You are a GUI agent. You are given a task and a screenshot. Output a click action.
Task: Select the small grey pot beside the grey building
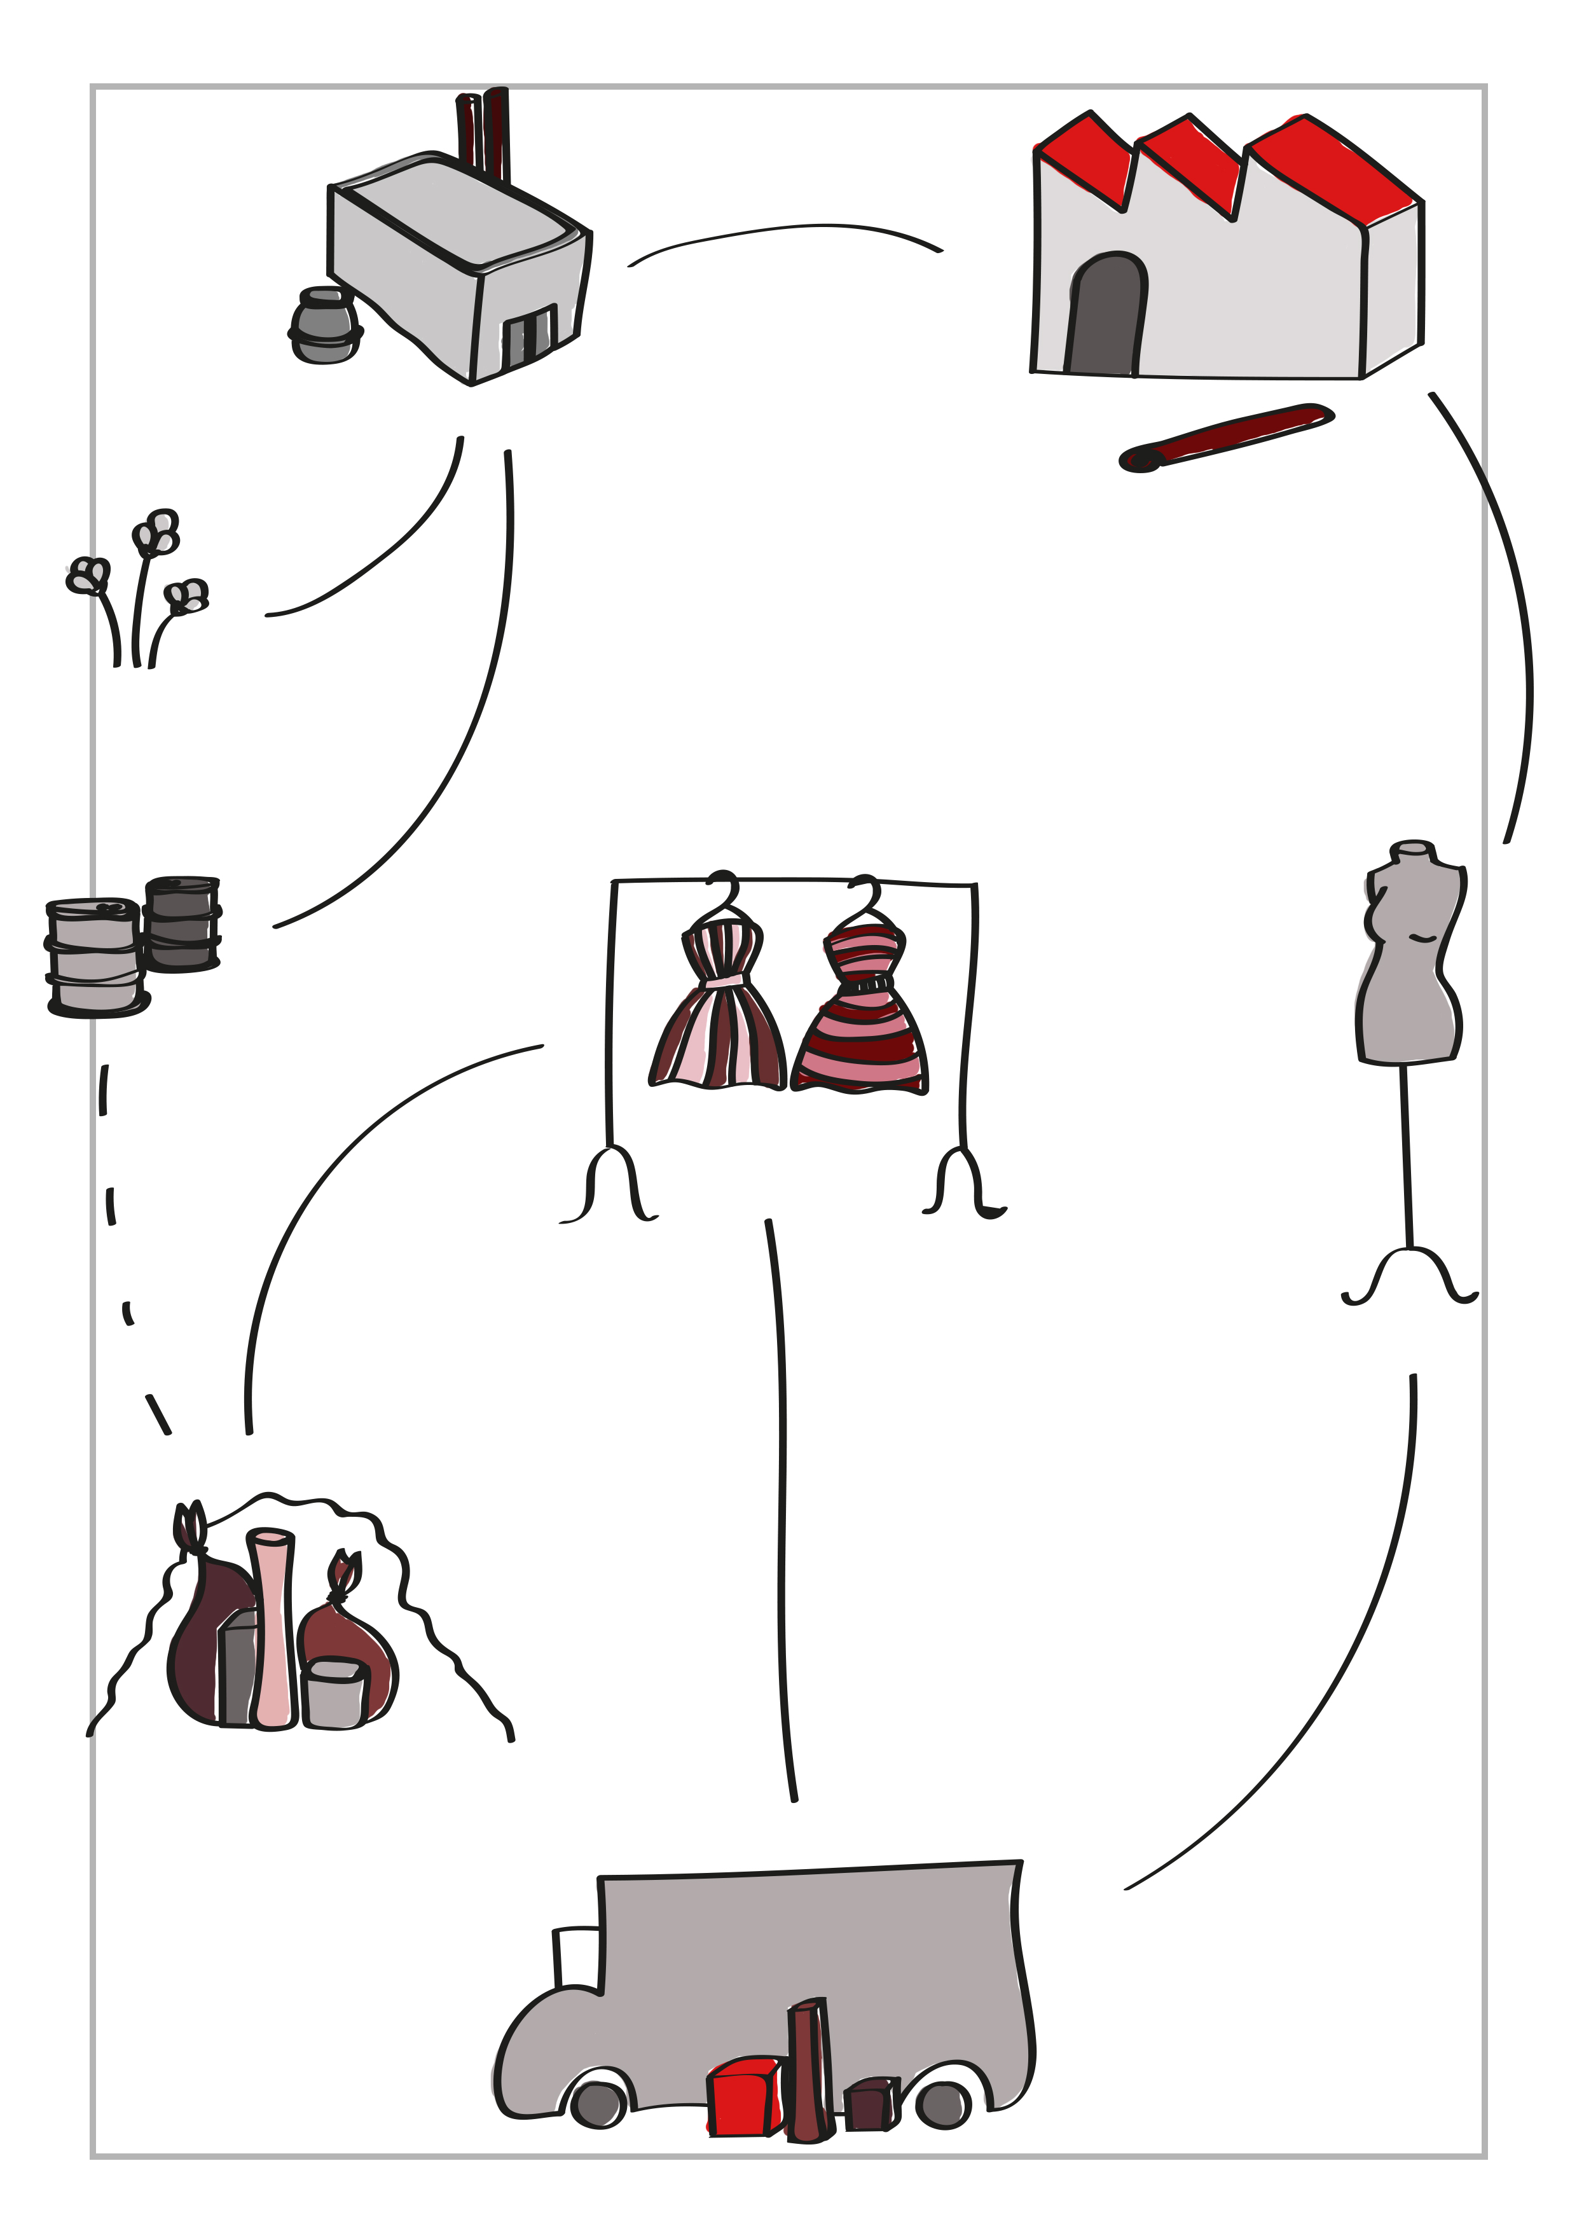click(x=324, y=326)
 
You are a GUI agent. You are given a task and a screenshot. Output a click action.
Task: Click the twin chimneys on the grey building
click(x=483, y=136)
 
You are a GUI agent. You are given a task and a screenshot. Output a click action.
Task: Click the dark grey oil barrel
click(x=182, y=923)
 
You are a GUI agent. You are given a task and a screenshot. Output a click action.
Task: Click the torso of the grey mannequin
click(x=1411, y=962)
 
